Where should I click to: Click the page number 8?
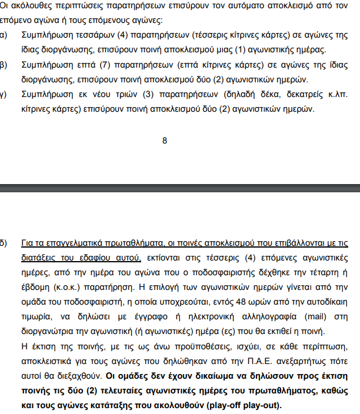[x=165, y=140]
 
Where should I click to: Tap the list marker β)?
[x=4, y=65]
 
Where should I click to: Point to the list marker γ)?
[x=4, y=94]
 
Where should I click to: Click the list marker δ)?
[x=4, y=242]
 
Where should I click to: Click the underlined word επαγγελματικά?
[x=68, y=242]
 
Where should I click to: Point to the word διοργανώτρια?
[x=49, y=331]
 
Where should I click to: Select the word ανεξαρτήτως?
[x=274, y=360]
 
